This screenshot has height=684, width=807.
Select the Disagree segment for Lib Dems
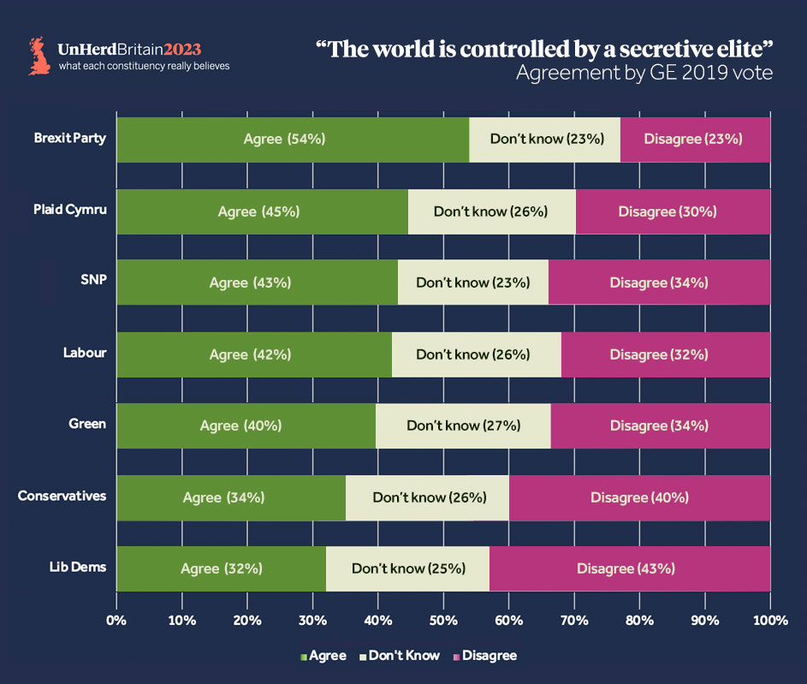tap(629, 568)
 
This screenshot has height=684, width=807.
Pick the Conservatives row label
tap(62, 496)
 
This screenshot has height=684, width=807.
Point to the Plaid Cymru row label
tap(70, 210)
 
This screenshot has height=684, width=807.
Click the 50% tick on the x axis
tap(443, 619)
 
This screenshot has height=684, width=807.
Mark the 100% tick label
tap(769, 619)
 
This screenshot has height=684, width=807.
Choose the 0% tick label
tap(116, 619)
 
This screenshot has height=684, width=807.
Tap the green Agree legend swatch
tap(303, 657)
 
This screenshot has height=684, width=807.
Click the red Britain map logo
tap(39, 57)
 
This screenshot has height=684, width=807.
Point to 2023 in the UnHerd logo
tap(182, 50)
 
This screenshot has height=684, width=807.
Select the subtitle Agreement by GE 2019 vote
tap(644, 74)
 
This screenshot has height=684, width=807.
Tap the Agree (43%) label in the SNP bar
tap(250, 283)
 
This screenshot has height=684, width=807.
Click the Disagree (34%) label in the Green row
tap(659, 425)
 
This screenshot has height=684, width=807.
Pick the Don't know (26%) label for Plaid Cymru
tap(490, 211)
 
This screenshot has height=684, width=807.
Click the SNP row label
tap(92, 282)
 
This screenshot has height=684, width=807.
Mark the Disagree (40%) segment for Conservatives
tap(639, 497)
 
